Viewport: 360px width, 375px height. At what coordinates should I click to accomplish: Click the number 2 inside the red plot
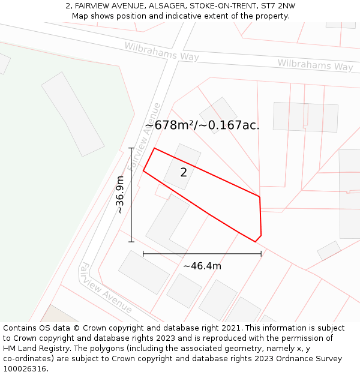(x=184, y=173)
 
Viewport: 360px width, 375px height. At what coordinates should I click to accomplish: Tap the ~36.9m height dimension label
(x=120, y=195)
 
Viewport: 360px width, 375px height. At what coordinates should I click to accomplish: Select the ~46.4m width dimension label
(x=202, y=266)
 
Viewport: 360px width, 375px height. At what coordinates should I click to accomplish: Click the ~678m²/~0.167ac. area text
(x=202, y=125)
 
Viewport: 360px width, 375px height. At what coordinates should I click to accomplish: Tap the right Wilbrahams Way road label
(x=315, y=65)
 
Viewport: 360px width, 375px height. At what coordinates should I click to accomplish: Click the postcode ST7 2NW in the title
(x=278, y=6)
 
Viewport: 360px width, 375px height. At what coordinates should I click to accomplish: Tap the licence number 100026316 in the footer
(x=26, y=369)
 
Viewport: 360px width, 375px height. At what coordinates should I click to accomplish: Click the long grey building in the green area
(x=72, y=113)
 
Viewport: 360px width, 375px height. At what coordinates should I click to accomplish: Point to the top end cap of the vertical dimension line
(x=131, y=148)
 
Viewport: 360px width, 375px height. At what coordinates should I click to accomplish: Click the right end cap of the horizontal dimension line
(x=261, y=254)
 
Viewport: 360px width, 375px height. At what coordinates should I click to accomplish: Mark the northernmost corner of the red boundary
(x=154, y=148)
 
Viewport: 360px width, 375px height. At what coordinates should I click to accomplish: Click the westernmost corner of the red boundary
(x=143, y=171)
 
